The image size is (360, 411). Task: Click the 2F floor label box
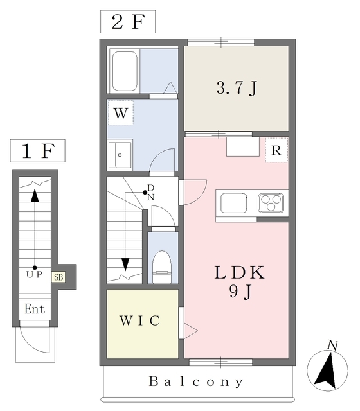click(128, 22)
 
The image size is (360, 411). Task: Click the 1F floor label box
click(37, 151)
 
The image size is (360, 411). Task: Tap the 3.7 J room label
click(237, 88)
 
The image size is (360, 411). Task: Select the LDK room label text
click(240, 272)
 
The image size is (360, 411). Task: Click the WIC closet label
click(140, 320)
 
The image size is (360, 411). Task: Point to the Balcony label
click(196, 382)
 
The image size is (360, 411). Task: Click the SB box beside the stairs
click(59, 277)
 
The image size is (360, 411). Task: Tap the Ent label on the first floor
click(35, 309)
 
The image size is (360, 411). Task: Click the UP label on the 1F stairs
click(34, 274)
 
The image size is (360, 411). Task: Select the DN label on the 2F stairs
click(150, 193)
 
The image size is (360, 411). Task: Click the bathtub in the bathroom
click(125, 71)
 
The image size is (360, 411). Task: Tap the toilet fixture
click(162, 267)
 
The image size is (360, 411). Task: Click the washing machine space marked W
click(121, 113)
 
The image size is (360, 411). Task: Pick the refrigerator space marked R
click(276, 150)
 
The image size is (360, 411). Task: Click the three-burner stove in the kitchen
click(271, 203)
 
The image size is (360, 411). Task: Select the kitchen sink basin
click(234, 203)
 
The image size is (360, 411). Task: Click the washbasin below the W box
click(120, 155)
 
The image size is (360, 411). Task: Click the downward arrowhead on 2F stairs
click(125, 265)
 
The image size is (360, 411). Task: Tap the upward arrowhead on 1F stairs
click(35, 196)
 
